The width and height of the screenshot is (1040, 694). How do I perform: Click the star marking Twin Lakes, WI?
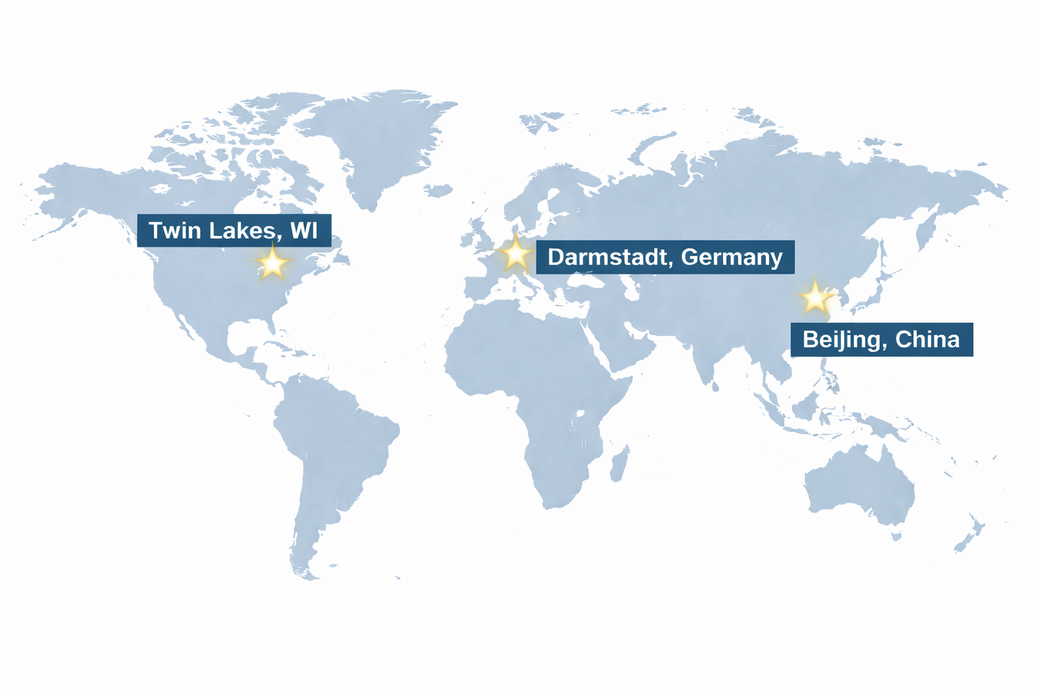(x=272, y=262)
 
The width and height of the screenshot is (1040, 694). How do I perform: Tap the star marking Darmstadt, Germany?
(x=516, y=254)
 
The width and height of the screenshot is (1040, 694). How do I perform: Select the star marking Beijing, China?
(x=815, y=298)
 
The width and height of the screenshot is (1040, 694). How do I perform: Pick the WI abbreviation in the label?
(x=303, y=230)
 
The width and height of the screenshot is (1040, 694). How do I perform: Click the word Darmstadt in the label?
(x=609, y=257)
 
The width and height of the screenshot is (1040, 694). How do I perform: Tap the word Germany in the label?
(x=732, y=257)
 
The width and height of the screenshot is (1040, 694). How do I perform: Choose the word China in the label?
(x=927, y=339)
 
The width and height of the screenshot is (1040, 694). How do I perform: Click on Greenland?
(x=379, y=142)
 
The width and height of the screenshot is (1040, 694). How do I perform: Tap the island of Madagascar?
(x=619, y=464)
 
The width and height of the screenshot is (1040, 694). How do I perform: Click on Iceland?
(x=439, y=190)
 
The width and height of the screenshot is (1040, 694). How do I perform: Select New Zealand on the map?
(x=970, y=535)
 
